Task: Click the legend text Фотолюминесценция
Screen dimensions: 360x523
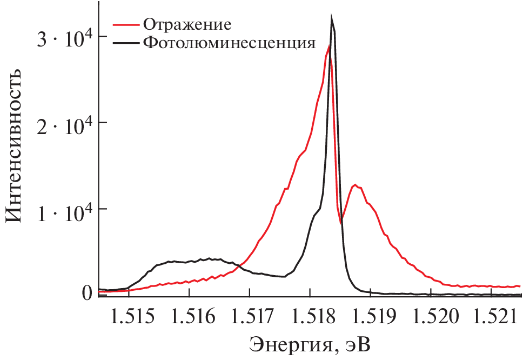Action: (229, 43)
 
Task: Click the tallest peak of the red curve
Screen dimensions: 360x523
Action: (328, 46)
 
